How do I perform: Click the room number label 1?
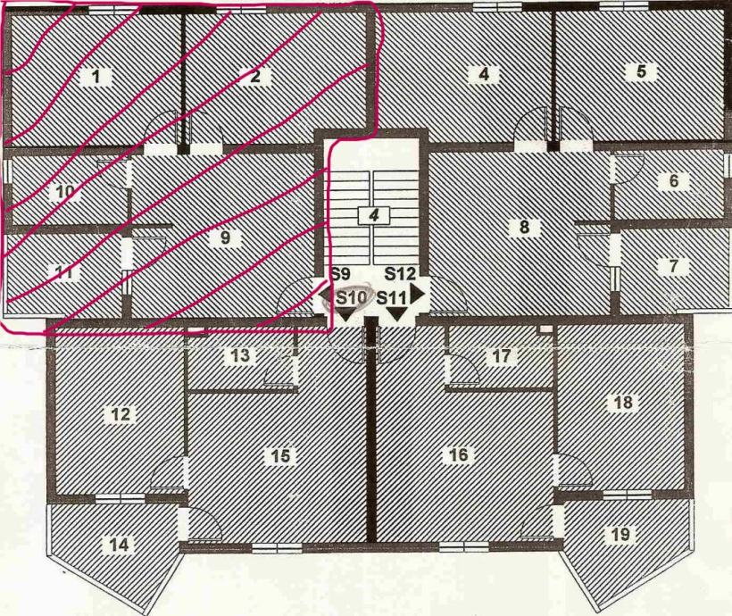(96, 76)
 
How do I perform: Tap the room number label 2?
(255, 76)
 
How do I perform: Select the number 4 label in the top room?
(483, 74)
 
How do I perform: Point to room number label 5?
(640, 72)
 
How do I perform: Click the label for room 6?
(673, 181)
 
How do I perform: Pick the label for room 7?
(673, 266)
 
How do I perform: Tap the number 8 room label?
(524, 227)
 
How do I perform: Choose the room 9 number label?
(225, 237)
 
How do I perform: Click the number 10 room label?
(64, 191)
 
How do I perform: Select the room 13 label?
(241, 356)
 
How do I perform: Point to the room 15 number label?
(280, 456)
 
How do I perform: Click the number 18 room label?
(623, 403)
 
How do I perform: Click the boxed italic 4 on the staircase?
(375, 215)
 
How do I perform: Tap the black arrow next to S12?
(417, 293)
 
